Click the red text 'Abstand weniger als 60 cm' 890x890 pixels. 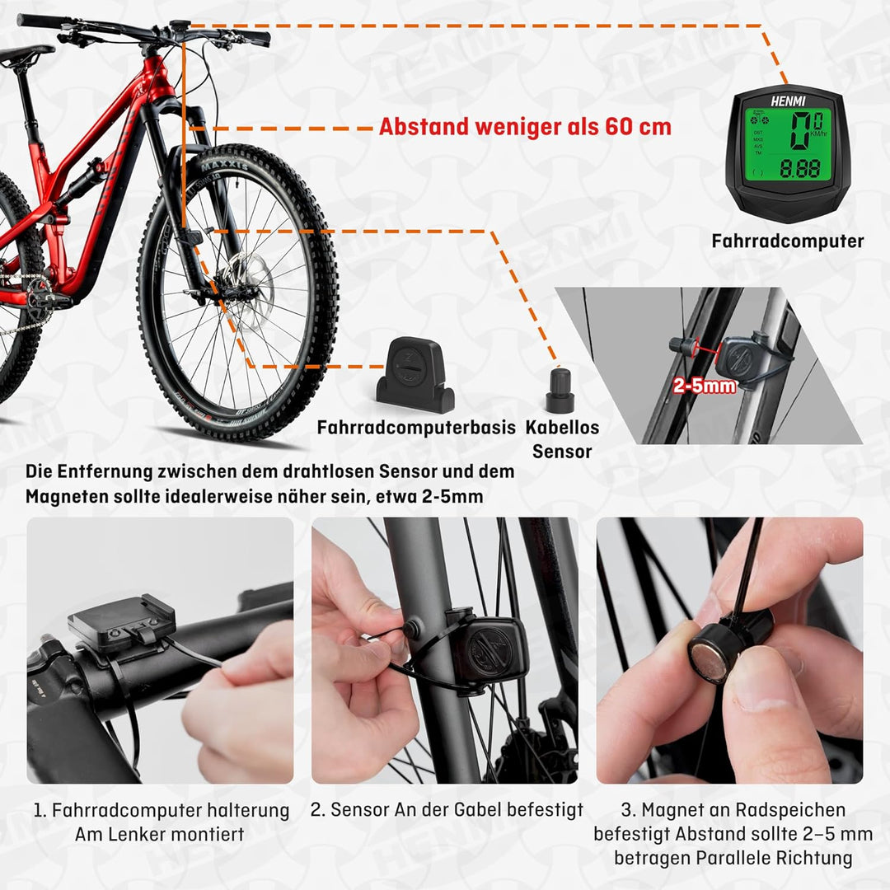coord(525,127)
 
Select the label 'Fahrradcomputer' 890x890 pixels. coord(787,241)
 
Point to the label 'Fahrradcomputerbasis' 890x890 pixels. coord(416,428)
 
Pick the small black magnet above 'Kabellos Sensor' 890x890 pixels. coord(560,390)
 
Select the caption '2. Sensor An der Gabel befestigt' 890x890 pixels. coord(446,810)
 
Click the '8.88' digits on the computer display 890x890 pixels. coord(799,169)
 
